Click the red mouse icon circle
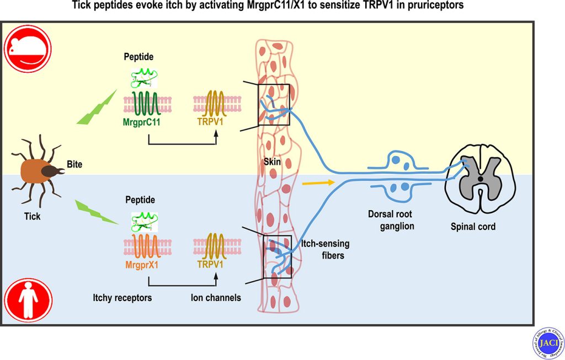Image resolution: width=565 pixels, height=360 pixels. pos(28,49)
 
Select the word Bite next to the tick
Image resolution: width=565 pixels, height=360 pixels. pos(74,164)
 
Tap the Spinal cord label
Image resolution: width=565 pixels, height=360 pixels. pos(473,226)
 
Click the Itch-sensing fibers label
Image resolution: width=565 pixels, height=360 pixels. pos(325,249)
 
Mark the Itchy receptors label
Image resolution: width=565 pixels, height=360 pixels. pos(122,298)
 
